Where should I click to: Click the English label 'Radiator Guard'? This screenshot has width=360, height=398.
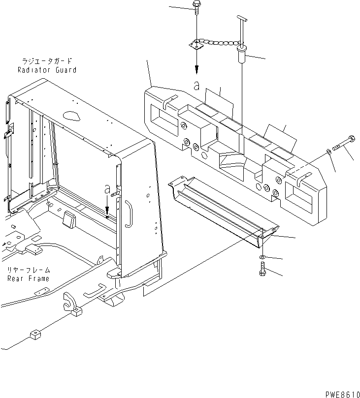point(46,70)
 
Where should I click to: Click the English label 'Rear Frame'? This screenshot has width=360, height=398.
point(28,278)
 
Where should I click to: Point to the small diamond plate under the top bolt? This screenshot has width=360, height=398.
point(196,46)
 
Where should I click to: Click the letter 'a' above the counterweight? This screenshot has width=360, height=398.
point(196,86)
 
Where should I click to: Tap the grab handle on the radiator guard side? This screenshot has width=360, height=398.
point(129,214)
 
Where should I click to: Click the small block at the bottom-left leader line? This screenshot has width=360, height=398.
point(34,336)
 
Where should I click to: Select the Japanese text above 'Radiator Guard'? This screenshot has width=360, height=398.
point(46,61)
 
